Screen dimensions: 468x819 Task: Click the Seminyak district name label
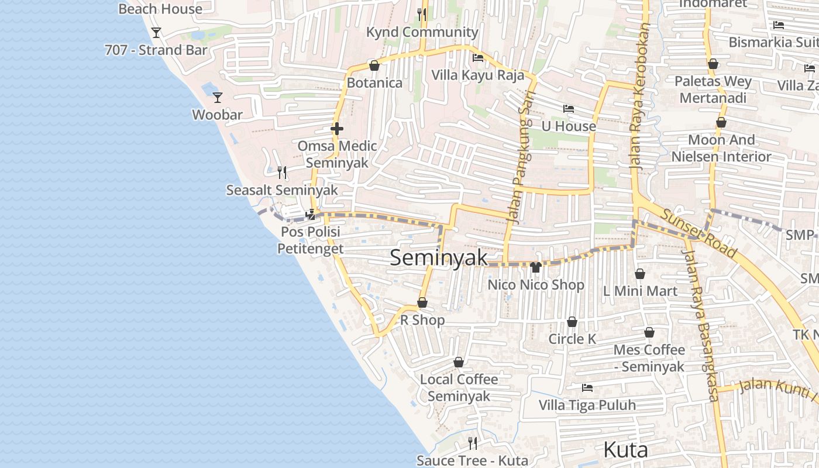pos(438,257)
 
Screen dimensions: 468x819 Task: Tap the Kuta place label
pos(625,450)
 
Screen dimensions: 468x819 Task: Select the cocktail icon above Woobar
pos(218,97)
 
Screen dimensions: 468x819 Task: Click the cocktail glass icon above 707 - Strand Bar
pos(156,32)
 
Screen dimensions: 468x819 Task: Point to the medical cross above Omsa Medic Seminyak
pos(337,129)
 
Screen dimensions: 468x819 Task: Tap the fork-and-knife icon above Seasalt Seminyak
pos(282,172)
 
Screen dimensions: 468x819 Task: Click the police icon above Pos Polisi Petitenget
pos(311,215)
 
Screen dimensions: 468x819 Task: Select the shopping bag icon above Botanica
pos(374,66)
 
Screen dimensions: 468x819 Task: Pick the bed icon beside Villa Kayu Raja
pos(478,58)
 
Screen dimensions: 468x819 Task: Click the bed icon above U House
pos(569,109)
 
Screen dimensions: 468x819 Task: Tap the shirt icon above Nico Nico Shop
pos(535,267)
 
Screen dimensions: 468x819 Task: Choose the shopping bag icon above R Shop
pos(422,302)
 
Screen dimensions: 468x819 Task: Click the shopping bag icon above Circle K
pos(572,322)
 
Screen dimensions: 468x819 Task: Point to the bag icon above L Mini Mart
pos(640,274)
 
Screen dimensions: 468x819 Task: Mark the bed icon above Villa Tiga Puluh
pos(587,387)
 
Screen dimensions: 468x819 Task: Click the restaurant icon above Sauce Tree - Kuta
pos(473,443)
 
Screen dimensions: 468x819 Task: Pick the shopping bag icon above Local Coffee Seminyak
pos(459,362)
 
